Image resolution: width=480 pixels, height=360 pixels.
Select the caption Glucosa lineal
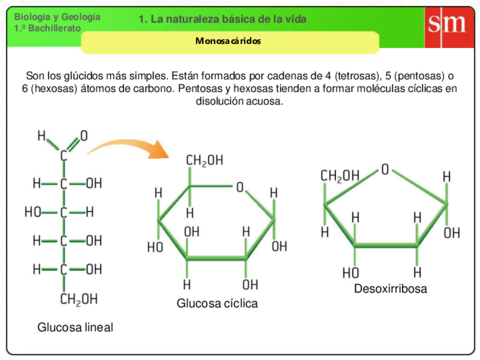click(x=75, y=327)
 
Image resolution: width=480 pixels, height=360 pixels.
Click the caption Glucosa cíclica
click(x=217, y=302)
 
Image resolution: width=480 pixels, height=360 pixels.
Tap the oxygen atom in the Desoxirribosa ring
click(x=385, y=170)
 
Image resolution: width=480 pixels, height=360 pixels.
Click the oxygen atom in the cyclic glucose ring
click(x=239, y=186)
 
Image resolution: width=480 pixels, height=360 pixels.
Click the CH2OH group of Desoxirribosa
click(x=340, y=176)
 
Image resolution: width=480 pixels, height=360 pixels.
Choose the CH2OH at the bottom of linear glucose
click(x=79, y=298)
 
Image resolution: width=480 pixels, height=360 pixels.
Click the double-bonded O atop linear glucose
click(x=84, y=135)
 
